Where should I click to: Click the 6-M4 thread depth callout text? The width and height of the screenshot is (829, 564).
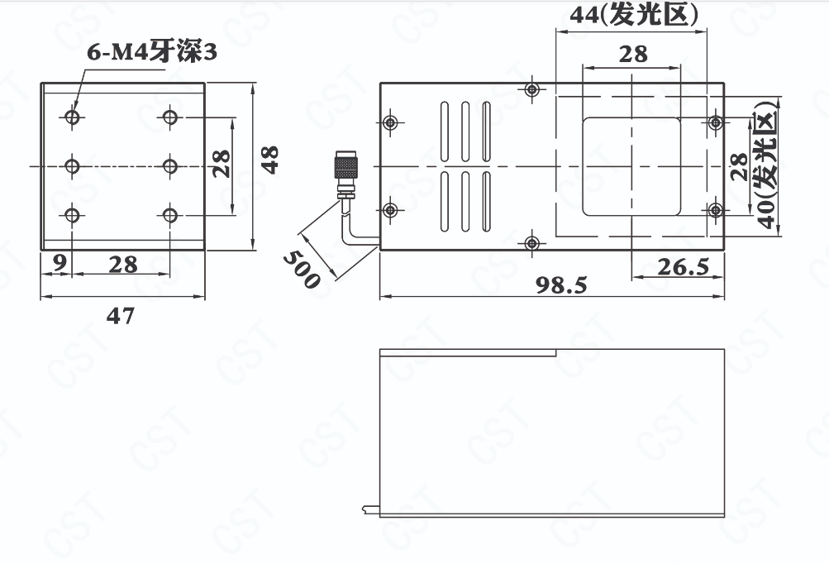152,52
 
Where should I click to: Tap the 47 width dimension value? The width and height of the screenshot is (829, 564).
121,315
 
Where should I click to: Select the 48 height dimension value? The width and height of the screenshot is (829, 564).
269,160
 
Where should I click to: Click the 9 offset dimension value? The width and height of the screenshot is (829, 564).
60,262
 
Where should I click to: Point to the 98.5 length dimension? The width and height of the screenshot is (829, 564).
561,284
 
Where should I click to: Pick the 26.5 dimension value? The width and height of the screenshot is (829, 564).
683,266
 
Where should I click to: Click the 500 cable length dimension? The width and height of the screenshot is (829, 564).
302,270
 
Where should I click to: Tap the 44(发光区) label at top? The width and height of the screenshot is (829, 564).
634,14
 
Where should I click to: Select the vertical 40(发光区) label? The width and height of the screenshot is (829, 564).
767,164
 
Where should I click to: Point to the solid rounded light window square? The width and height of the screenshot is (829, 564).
631,167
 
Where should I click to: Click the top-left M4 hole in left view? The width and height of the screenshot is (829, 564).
73,117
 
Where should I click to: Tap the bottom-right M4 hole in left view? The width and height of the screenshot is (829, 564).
169,215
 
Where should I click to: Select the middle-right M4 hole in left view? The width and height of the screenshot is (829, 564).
169,166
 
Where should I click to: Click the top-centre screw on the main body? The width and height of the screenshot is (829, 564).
532,88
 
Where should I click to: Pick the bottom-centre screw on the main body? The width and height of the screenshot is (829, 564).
532,243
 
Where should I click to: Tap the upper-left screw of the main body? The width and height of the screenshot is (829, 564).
390,122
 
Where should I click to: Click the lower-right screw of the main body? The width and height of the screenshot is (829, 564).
715,210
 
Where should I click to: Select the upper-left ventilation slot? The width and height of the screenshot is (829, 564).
445,131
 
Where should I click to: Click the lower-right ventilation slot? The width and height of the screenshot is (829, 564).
486,202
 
